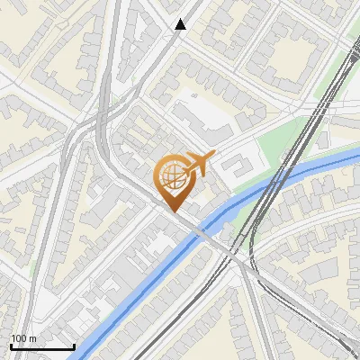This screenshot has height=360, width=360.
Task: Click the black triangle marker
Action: point(181,24)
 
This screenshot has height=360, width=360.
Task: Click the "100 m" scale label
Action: point(24,338)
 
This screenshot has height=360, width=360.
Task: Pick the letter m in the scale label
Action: point(33,338)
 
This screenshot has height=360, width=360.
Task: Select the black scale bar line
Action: point(42,346)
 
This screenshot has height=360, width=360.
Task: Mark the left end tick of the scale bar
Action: point(11,345)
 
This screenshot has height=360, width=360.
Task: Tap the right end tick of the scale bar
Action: point(74,345)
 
